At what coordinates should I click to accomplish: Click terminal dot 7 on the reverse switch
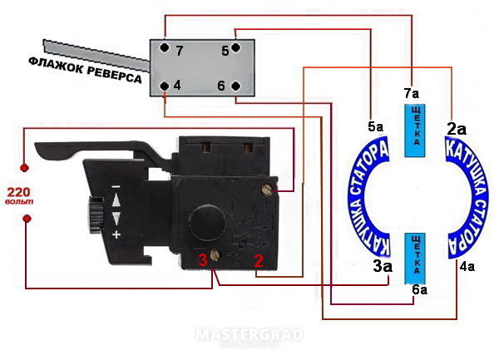point(164,47)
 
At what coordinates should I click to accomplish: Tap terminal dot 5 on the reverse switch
point(235,47)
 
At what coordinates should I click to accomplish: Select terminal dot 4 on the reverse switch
point(164,86)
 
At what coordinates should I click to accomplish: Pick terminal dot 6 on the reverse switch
point(235,86)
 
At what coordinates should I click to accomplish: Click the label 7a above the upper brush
point(412,93)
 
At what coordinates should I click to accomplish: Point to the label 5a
point(376,127)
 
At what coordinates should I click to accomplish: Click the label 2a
point(457,129)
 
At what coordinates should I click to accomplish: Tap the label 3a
point(383,267)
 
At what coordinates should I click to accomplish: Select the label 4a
point(467,267)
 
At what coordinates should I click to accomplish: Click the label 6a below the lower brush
point(420,289)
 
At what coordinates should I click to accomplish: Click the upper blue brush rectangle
point(415,131)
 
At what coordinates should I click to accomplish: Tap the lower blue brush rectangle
point(415,259)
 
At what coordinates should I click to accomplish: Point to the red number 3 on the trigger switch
point(203,260)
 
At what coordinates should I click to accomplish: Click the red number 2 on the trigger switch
point(259,260)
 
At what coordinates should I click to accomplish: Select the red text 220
point(18,192)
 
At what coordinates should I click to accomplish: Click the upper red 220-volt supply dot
point(24,168)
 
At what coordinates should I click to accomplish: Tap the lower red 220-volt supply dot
point(27,219)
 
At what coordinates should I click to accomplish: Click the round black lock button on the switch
point(208,222)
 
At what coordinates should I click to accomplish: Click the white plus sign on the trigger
point(116,234)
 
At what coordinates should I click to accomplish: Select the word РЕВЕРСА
point(114,75)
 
